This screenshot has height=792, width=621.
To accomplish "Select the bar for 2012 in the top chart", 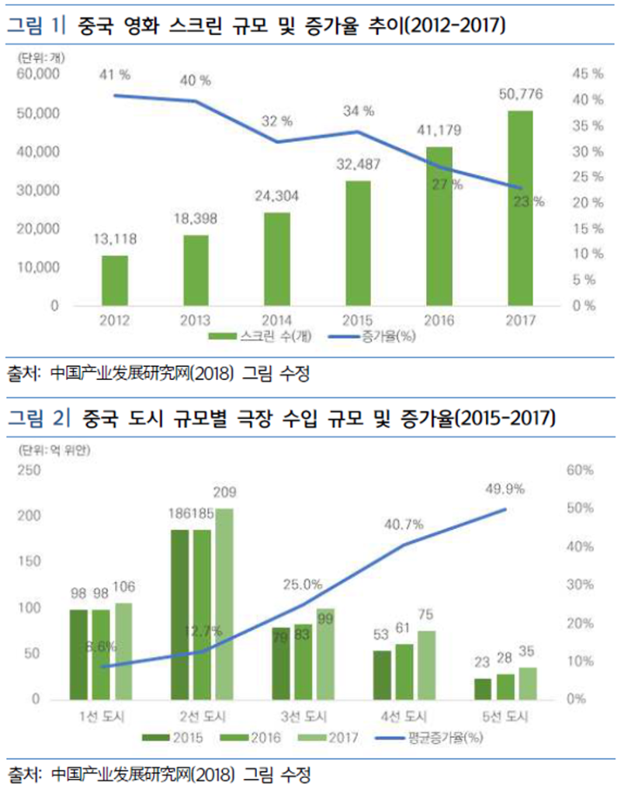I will [x=115, y=280].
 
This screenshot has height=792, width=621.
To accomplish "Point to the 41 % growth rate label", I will [x=115, y=75].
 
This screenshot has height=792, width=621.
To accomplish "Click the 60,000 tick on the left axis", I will [x=38, y=74].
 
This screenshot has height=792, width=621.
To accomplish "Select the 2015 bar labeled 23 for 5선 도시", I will [x=483, y=689].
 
